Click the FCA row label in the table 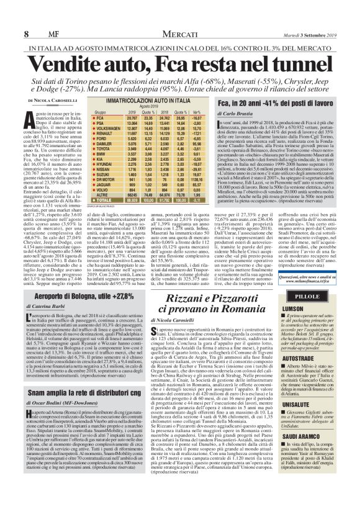click(99, 117)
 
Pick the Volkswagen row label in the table click(106, 127)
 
